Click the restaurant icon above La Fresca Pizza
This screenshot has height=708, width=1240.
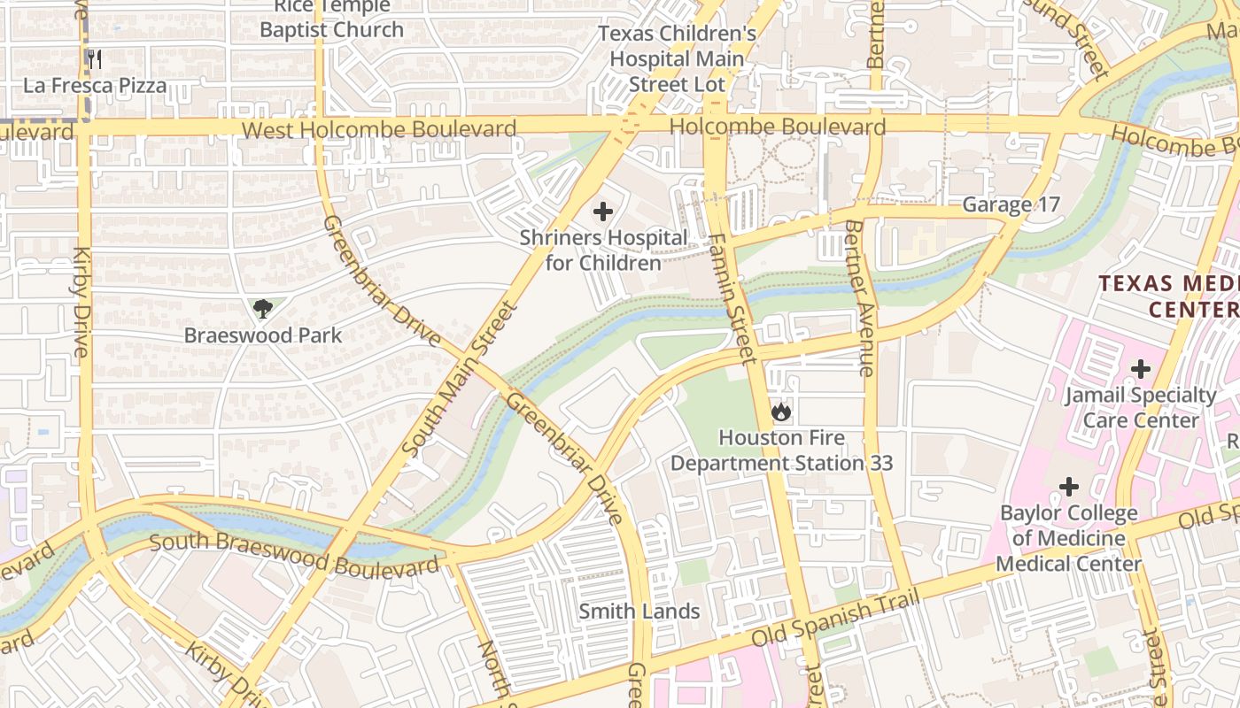pyautogui.click(x=95, y=59)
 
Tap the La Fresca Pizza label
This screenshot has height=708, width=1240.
pyautogui.click(x=95, y=86)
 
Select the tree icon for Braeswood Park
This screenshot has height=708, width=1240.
pyautogui.click(x=262, y=309)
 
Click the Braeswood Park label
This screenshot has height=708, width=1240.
pyautogui.click(x=262, y=335)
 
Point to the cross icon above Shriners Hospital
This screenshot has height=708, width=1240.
pyautogui.click(x=603, y=212)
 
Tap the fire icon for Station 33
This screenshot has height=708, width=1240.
pyautogui.click(x=780, y=412)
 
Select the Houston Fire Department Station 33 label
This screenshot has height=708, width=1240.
pyautogui.click(x=780, y=450)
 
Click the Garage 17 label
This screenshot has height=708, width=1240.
pyautogui.click(x=1011, y=204)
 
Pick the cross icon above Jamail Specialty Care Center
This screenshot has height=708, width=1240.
pyautogui.click(x=1141, y=368)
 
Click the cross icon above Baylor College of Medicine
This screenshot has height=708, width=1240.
pyautogui.click(x=1069, y=487)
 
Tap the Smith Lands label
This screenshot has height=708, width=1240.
pyautogui.click(x=639, y=611)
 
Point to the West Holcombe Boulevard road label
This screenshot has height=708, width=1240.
pyautogui.click(x=379, y=130)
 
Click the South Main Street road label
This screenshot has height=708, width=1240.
pyautogui.click(x=459, y=380)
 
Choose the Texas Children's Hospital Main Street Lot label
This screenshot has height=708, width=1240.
pyautogui.click(x=677, y=59)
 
